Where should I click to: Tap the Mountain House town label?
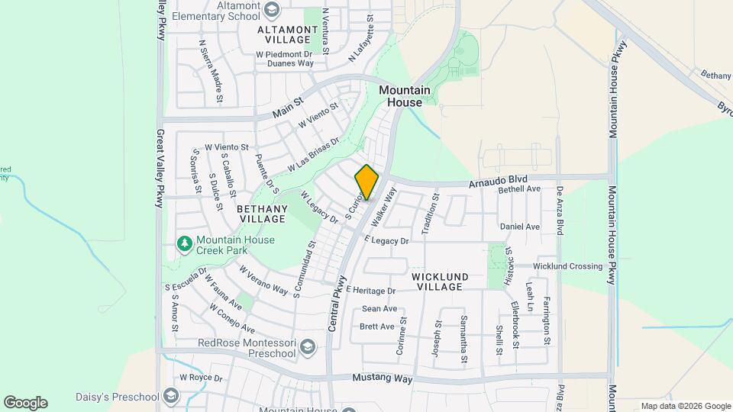405,96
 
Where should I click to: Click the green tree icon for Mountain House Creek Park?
184,243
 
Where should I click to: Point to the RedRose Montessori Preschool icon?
307,348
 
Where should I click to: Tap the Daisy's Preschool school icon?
170,397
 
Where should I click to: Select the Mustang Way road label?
382,379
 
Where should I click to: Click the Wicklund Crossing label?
567,266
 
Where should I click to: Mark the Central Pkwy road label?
336,303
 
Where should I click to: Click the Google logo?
25,402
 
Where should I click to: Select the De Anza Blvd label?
560,210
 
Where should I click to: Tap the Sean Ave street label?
379,309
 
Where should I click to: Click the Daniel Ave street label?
520,227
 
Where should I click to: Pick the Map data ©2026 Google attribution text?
685,406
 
